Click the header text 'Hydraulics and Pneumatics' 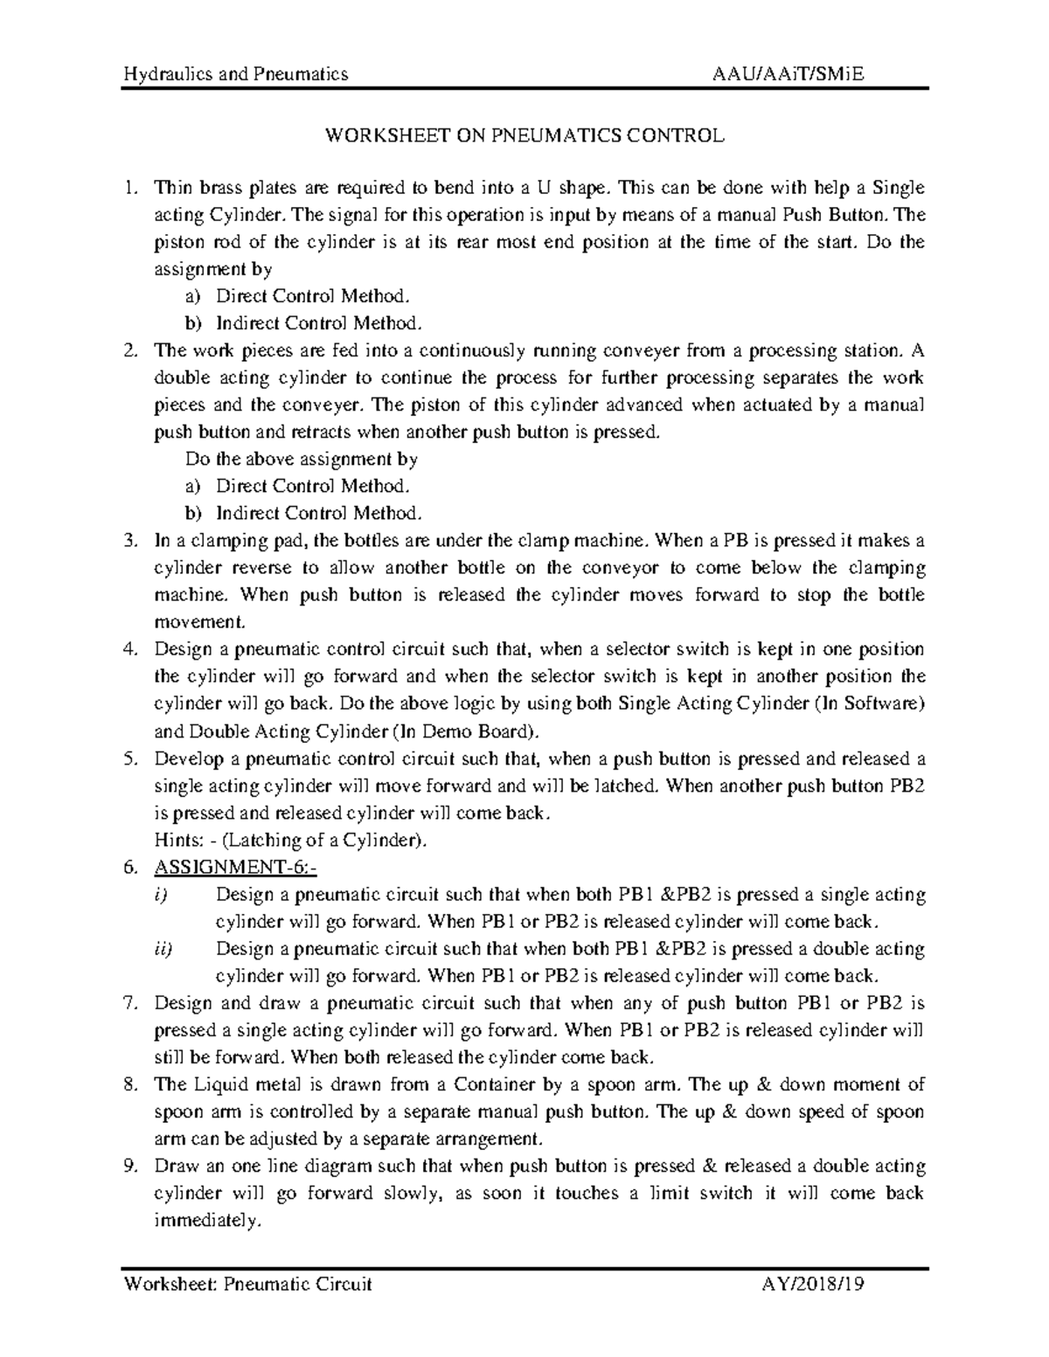coord(236,74)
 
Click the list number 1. coord(131,188)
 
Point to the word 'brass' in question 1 coord(220,188)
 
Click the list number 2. coord(131,351)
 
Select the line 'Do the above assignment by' coord(302,460)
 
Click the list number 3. coord(131,541)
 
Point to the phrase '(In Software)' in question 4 coord(868,703)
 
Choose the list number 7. coord(131,1003)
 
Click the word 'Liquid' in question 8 coord(214,1084)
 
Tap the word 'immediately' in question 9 coord(207,1222)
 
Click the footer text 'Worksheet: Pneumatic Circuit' coord(248,1284)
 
